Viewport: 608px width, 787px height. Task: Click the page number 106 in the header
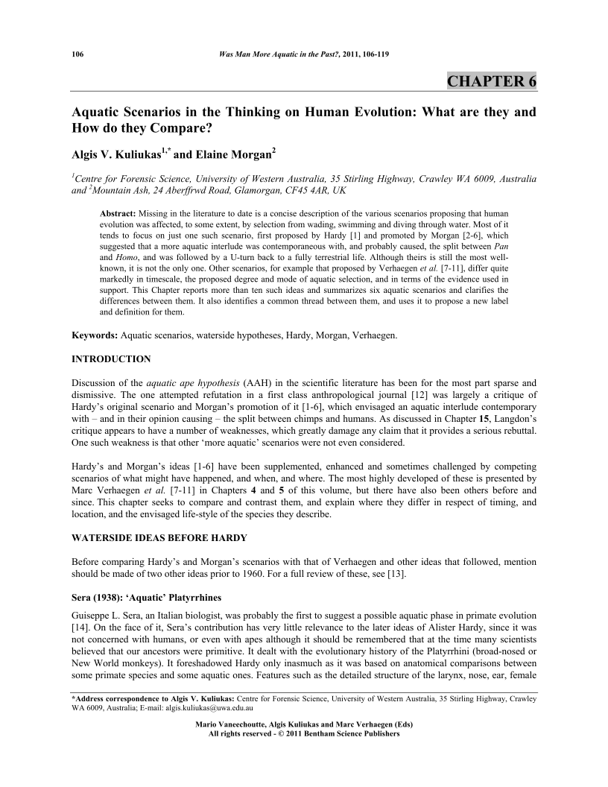pos(76,54)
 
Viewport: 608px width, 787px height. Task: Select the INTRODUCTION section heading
pos(111,359)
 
